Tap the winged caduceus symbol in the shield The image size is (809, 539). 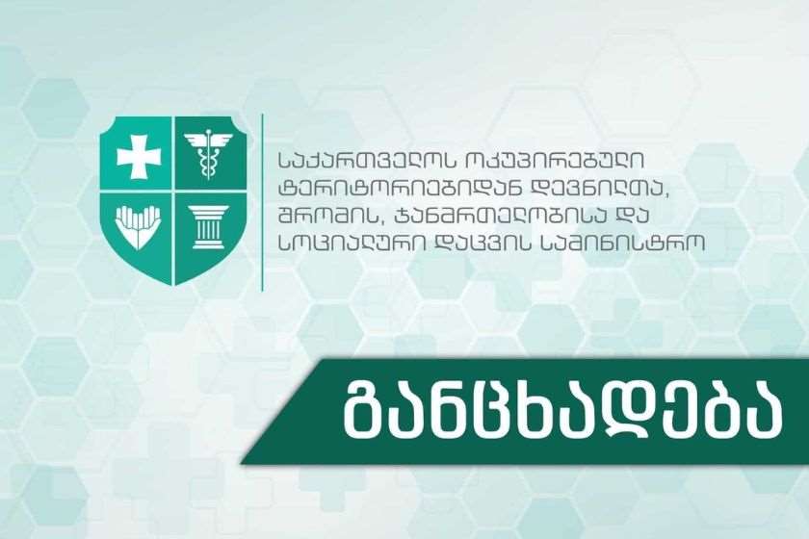(x=208, y=155)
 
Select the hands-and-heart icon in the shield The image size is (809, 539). (x=137, y=226)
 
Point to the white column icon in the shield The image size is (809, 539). (x=208, y=227)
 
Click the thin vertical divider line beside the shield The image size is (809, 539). (x=263, y=203)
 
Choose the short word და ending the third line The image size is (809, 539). (x=628, y=216)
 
